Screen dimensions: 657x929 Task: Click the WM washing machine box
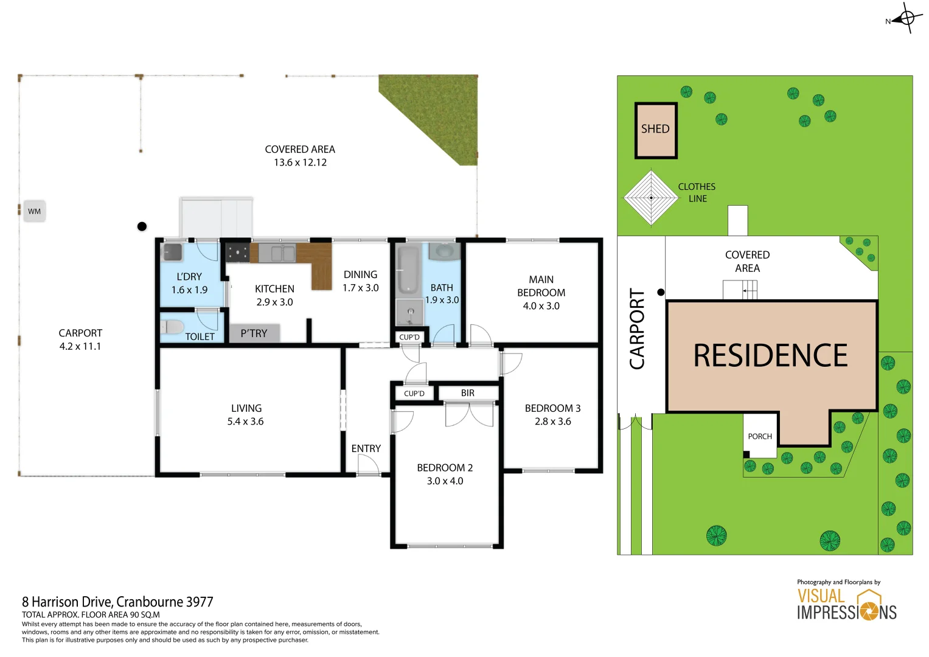[x=34, y=211]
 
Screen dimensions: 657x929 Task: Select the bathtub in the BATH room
[x=408, y=270]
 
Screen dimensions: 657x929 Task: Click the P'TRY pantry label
[x=254, y=333]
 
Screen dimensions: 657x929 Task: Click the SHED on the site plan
[x=655, y=130]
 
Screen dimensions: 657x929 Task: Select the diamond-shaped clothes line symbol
[x=650, y=198]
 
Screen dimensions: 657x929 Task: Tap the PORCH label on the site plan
[x=760, y=436]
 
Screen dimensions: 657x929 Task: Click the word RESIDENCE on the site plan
[x=770, y=356]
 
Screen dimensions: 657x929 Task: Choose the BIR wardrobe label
[x=467, y=393]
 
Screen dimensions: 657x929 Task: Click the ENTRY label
[x=366, y=448]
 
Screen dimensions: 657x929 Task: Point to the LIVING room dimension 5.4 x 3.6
[x=245, y=422]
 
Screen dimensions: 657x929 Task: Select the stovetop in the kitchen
[x=237, y=252]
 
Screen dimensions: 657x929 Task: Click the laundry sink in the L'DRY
[x=172, y=252]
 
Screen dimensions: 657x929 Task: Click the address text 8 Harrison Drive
[x=117, y=602]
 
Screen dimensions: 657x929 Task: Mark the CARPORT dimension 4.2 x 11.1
[x=80, y=347]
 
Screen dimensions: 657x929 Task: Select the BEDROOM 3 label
[x=552, y=408]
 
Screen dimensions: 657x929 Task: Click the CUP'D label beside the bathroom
[x=409, y=337]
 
